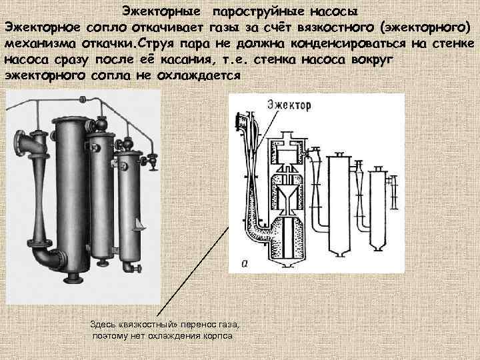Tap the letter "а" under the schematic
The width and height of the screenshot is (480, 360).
point(245,264)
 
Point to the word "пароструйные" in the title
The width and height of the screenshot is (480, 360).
point(262,12)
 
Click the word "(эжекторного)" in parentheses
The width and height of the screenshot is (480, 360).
point(423,28)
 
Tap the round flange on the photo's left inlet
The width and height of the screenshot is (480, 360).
point(19,143)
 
